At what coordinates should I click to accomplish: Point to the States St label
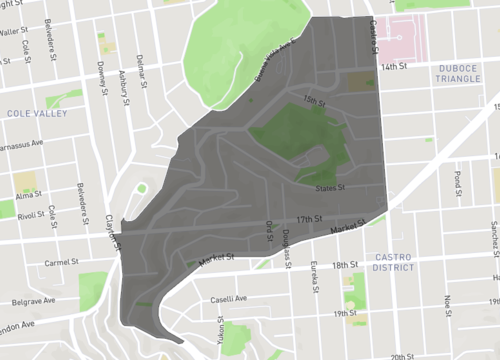pyautogui.click(x=330, y=186)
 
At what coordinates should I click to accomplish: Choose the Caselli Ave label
pyautogui.click(x=229, y=298)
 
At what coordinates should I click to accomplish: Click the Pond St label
pyautogui.click(x=458, y=181)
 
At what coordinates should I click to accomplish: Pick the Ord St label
pyautogui.click(x=268, y=231)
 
